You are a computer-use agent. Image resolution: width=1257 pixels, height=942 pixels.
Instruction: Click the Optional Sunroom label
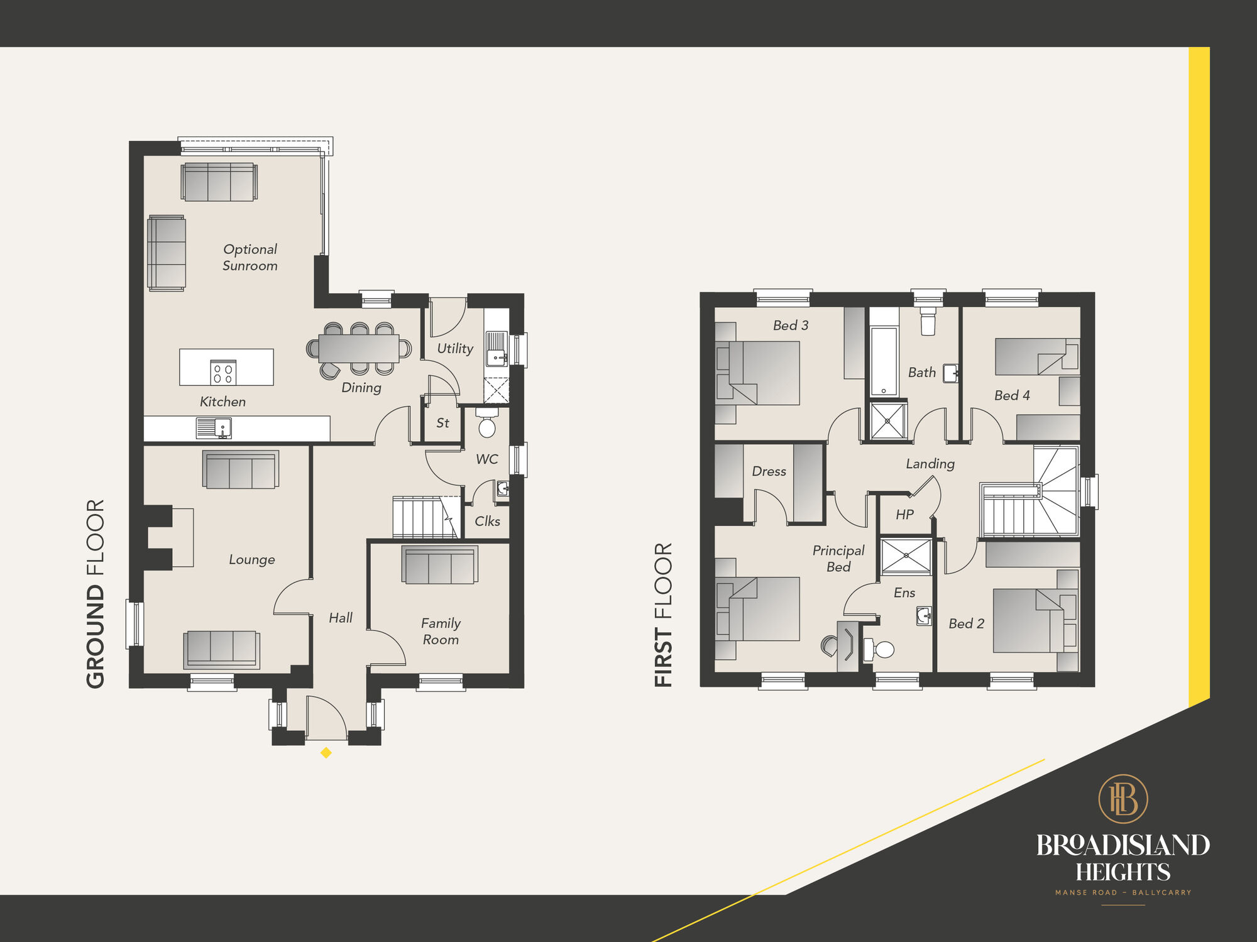tap(250, 257)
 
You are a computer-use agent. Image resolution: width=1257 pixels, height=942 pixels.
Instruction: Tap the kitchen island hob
tap(222, 373)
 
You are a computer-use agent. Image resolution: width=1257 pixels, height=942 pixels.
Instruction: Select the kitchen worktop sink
tap(214, 429)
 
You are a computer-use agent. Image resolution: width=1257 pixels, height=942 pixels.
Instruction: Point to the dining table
tap(358, 348)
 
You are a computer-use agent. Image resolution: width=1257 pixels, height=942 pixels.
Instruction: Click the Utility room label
tap(455, 348)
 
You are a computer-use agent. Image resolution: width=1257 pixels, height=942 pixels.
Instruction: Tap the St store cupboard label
tap(442, 423)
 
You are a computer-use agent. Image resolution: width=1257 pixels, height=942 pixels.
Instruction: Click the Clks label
tap(487, 521)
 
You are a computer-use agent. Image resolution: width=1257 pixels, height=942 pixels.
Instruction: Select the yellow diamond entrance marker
tap(326, 752)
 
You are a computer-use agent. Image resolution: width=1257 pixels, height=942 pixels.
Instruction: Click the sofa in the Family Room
tap(439, 565)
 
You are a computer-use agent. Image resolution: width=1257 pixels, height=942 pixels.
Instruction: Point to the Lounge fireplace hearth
tap(182, 538)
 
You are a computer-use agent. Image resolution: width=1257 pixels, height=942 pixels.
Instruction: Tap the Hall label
tap(341, 618)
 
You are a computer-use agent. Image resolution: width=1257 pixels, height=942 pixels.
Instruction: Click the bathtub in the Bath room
tap(884, 361)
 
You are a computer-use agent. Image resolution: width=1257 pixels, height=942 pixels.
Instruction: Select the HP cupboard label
tap(904, 515)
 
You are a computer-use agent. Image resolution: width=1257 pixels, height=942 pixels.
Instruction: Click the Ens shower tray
tap(906, 556)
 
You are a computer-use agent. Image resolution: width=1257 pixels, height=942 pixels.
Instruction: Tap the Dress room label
tap(769, 471)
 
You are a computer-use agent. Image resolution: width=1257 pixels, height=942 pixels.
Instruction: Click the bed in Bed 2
tap(1028, 620)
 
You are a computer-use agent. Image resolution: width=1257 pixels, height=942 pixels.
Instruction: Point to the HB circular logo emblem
tap(1123, 799)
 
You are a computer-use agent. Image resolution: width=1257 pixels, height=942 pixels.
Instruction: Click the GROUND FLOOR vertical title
tap(96, 593)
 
